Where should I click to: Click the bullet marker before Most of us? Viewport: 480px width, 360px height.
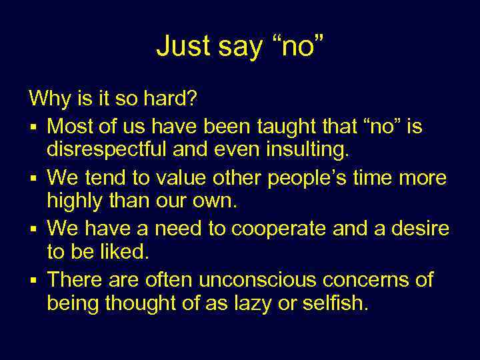32,127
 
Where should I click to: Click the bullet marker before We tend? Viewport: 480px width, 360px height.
32,179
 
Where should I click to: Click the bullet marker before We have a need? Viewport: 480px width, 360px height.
32,230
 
